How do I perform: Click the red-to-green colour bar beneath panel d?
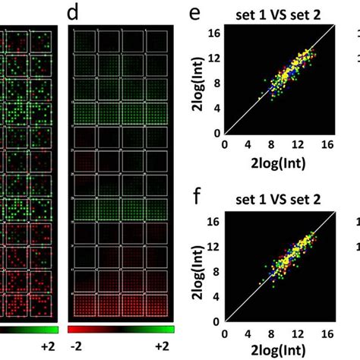pyautogui.click(x=122, y=330)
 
